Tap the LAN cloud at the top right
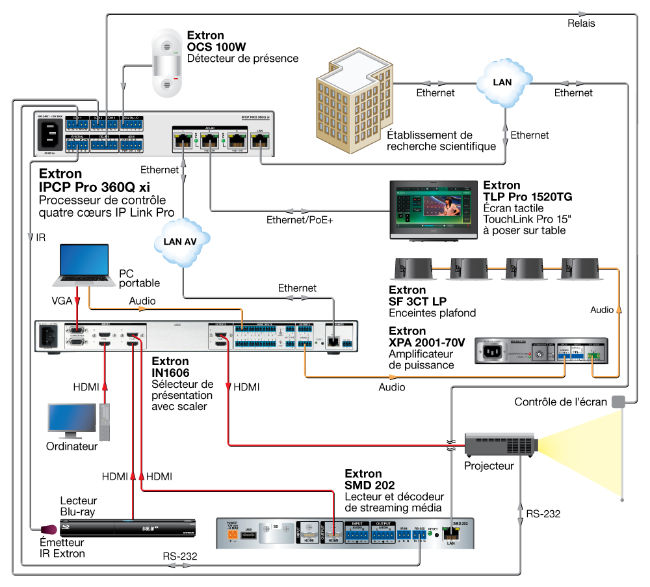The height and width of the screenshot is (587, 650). click(x=502, y=82)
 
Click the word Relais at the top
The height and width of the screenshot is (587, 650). click(x=580, y=23)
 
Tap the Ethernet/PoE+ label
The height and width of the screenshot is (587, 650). click(x=300, y=220)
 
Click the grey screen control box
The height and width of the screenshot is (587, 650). click(x=617, y=402)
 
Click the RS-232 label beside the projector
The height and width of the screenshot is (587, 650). click(x=543, y=513)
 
